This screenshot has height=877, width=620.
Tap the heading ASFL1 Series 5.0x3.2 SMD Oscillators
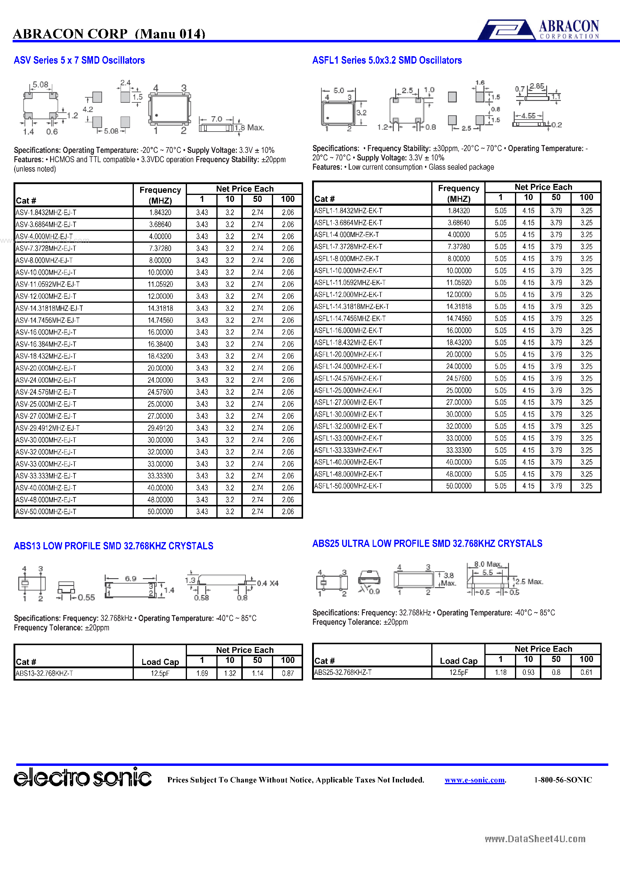click(x=387, y=60)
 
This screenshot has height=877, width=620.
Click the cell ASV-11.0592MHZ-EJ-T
click(x=48, y=284)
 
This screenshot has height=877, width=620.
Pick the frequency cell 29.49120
click(x=160, y=428)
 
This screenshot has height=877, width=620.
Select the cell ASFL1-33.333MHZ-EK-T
click(x=348, y=450)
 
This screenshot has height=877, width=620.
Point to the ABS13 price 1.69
click(x=202, y=673)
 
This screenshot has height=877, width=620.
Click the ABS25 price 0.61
click(x=586, y=672)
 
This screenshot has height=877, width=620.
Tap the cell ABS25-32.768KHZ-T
click(x=343, y=672)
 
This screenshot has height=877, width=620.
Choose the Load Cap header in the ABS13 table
click(x=160, y=662)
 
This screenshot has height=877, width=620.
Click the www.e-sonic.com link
click(x=475, y=780)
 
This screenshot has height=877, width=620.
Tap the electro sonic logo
click(x=83, y=777)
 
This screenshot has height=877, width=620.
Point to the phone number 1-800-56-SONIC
click(x=563, y=780)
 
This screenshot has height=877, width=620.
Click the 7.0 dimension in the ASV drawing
click(x=216, y=119)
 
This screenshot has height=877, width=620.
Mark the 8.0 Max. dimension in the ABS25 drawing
click(x=487, y=564)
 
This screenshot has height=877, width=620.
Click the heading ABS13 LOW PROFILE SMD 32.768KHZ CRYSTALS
click(x=113, y=546)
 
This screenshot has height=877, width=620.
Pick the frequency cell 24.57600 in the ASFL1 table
click(x=459, y=378)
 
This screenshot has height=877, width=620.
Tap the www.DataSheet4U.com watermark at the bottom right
click(x=535, y=839)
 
